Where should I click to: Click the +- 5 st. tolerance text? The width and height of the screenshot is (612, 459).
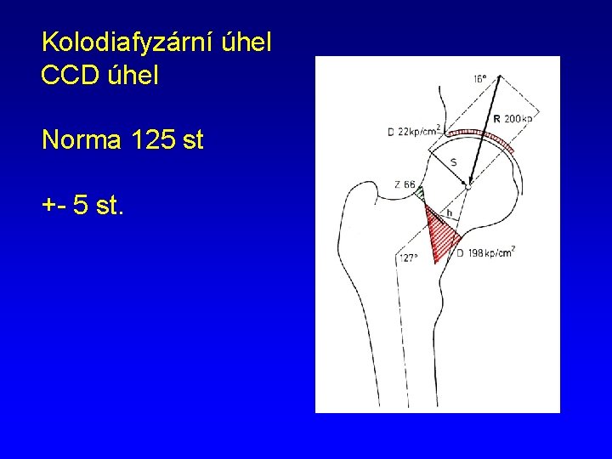click(82, 205)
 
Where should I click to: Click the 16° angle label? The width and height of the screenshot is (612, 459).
click(479, 79)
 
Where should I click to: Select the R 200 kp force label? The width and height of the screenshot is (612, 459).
click(513, 119)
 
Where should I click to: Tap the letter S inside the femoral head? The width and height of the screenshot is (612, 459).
click(453, 161)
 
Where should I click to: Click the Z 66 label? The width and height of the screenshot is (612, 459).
click(405, 184)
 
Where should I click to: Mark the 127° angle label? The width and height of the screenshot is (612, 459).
click(409, 258)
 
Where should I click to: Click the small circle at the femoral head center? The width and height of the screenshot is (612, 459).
click(467, 184)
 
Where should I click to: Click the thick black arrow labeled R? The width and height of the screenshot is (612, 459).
click(480, 136)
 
